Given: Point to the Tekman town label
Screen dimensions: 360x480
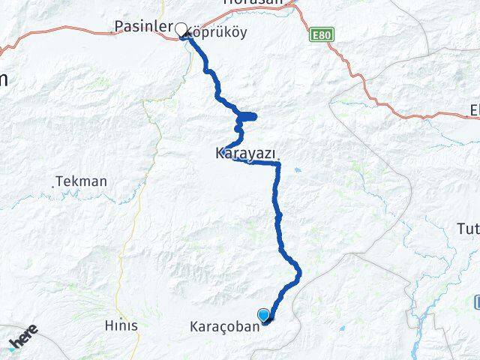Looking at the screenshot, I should tap(82, 181).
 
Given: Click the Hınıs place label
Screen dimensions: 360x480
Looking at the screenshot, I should tap(121, 325).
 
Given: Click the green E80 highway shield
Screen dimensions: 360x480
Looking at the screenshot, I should tap(320, 35).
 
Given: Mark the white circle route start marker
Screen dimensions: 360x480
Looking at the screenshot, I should tap(181, 30).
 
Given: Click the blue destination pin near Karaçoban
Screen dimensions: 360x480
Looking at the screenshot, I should tap(264, 315).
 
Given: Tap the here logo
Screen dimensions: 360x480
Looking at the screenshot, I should tap(24, 339).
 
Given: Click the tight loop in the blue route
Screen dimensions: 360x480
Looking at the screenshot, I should tap(247, 116).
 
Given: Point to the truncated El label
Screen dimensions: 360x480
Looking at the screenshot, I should tap(473, 110).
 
